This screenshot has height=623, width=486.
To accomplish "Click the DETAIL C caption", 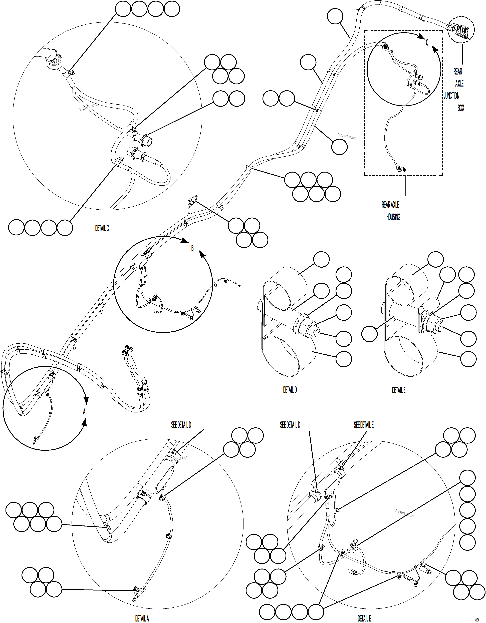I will coord(102,228).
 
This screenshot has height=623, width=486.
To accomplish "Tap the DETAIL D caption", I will coord(290,390).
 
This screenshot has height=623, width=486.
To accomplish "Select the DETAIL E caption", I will coord(398,390).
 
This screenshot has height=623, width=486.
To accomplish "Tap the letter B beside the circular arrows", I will coord(192,248).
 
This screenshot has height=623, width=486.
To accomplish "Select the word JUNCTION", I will coord(451,96).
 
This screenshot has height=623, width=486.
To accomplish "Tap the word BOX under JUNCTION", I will coord(461,108).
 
